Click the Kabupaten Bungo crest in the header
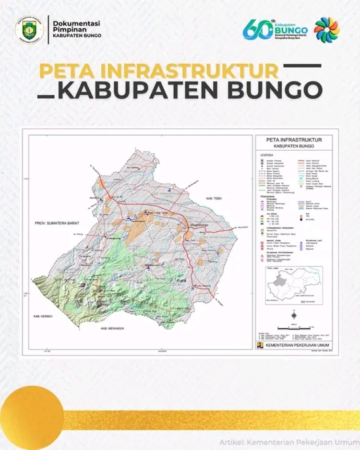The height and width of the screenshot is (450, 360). point(30,30)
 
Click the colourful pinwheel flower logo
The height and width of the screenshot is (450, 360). point(327,30)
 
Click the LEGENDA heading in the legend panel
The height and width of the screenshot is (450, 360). point(266,155)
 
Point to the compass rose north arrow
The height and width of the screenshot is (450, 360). point(293,315)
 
